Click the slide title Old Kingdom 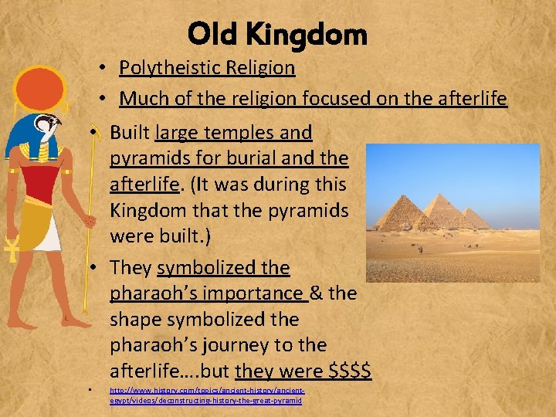tap(277, 34)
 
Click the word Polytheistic tap(164, 68)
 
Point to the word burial tap(258, 158)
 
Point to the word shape tap(136, 319)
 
